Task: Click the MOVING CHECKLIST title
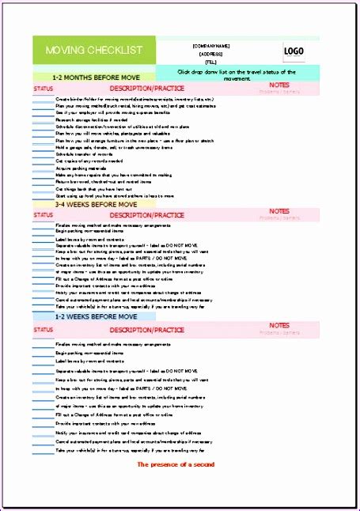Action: (x=93, y=51)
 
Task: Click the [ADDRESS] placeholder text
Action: (x=210, y=53)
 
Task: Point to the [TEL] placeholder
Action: (x=210, y=61)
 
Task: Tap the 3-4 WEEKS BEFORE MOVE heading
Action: (x=93, y=203)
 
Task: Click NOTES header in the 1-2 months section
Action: (x=279, y=85)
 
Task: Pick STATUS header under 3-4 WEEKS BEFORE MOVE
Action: (x=44, y=214)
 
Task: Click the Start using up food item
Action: (x=114, y=195)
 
